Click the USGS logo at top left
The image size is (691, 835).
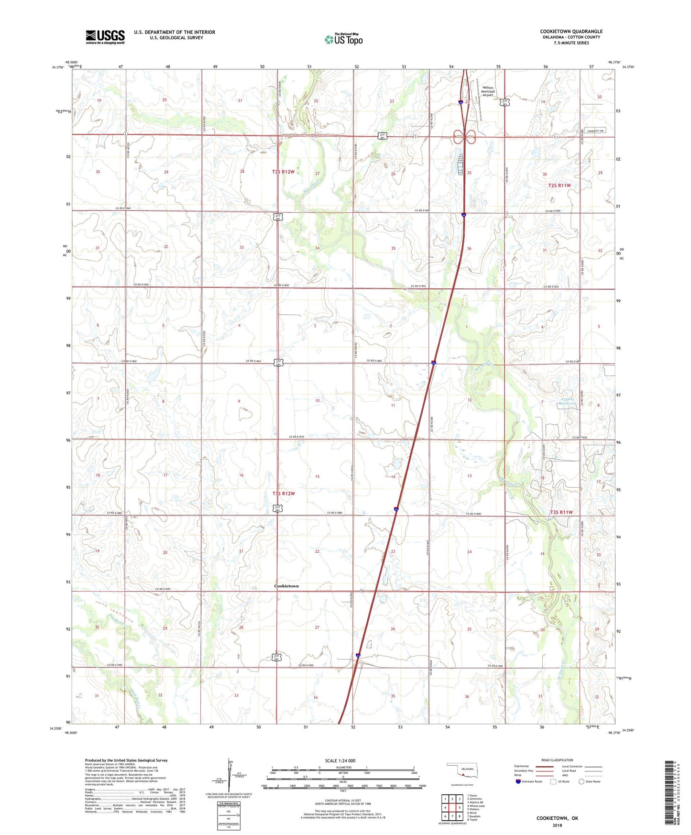coord(105,37)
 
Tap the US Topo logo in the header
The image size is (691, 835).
coord(343,39)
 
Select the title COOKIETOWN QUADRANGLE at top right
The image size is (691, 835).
coord(571,32)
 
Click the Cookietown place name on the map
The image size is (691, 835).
coord(286,586)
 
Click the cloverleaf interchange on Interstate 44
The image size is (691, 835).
coord(464,137)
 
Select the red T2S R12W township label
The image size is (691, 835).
coord(283,172)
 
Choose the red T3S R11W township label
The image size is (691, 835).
coord(560,512)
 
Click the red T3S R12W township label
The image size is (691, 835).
coord(283,494)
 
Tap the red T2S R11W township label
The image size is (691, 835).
coord(559,185)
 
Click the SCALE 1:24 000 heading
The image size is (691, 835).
coord(340,760)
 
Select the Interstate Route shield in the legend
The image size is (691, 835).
coord(518,781)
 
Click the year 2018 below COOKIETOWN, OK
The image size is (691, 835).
coord(557,825)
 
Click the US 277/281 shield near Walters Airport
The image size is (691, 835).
coord(505,102)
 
